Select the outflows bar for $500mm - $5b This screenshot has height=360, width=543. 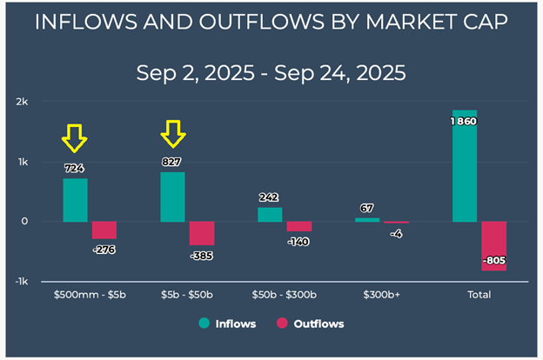pos(104,230)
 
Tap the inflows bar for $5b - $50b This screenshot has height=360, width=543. pos(172,197)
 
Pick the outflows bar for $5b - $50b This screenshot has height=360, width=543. pos(202,233)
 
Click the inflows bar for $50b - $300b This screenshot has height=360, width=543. pos(270,214)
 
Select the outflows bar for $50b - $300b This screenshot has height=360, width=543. pos(299,226)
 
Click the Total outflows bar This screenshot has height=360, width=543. pos(493,245)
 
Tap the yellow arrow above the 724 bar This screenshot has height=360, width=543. pos(74,138)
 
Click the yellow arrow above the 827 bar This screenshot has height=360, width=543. pos(173,134)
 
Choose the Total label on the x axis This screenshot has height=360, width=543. pos(479,295)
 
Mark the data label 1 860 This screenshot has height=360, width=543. pos(464,122)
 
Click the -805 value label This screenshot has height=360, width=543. pos(493,260)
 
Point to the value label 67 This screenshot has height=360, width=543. pos(367,209)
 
